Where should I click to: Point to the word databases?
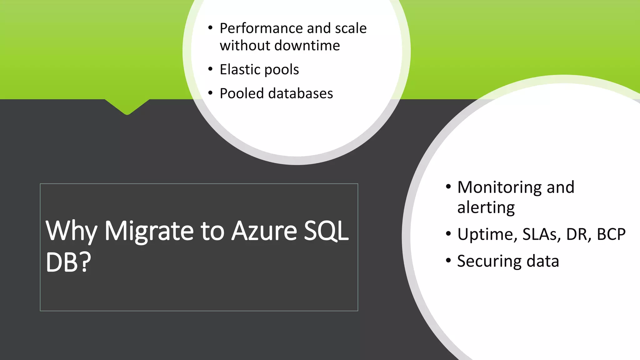(301, 93)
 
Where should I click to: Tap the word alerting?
(486, 207)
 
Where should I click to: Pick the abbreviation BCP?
(611, 234)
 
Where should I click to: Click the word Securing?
(489, 261)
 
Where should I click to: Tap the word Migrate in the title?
(149, 231)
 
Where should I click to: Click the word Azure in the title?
(264, 231)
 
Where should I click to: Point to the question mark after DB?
(84, 262)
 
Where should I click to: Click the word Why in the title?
(71, 231)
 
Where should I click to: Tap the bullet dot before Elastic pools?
(210, 69)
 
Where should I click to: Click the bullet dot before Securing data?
(448, 260)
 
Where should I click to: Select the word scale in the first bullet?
(351, 28)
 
